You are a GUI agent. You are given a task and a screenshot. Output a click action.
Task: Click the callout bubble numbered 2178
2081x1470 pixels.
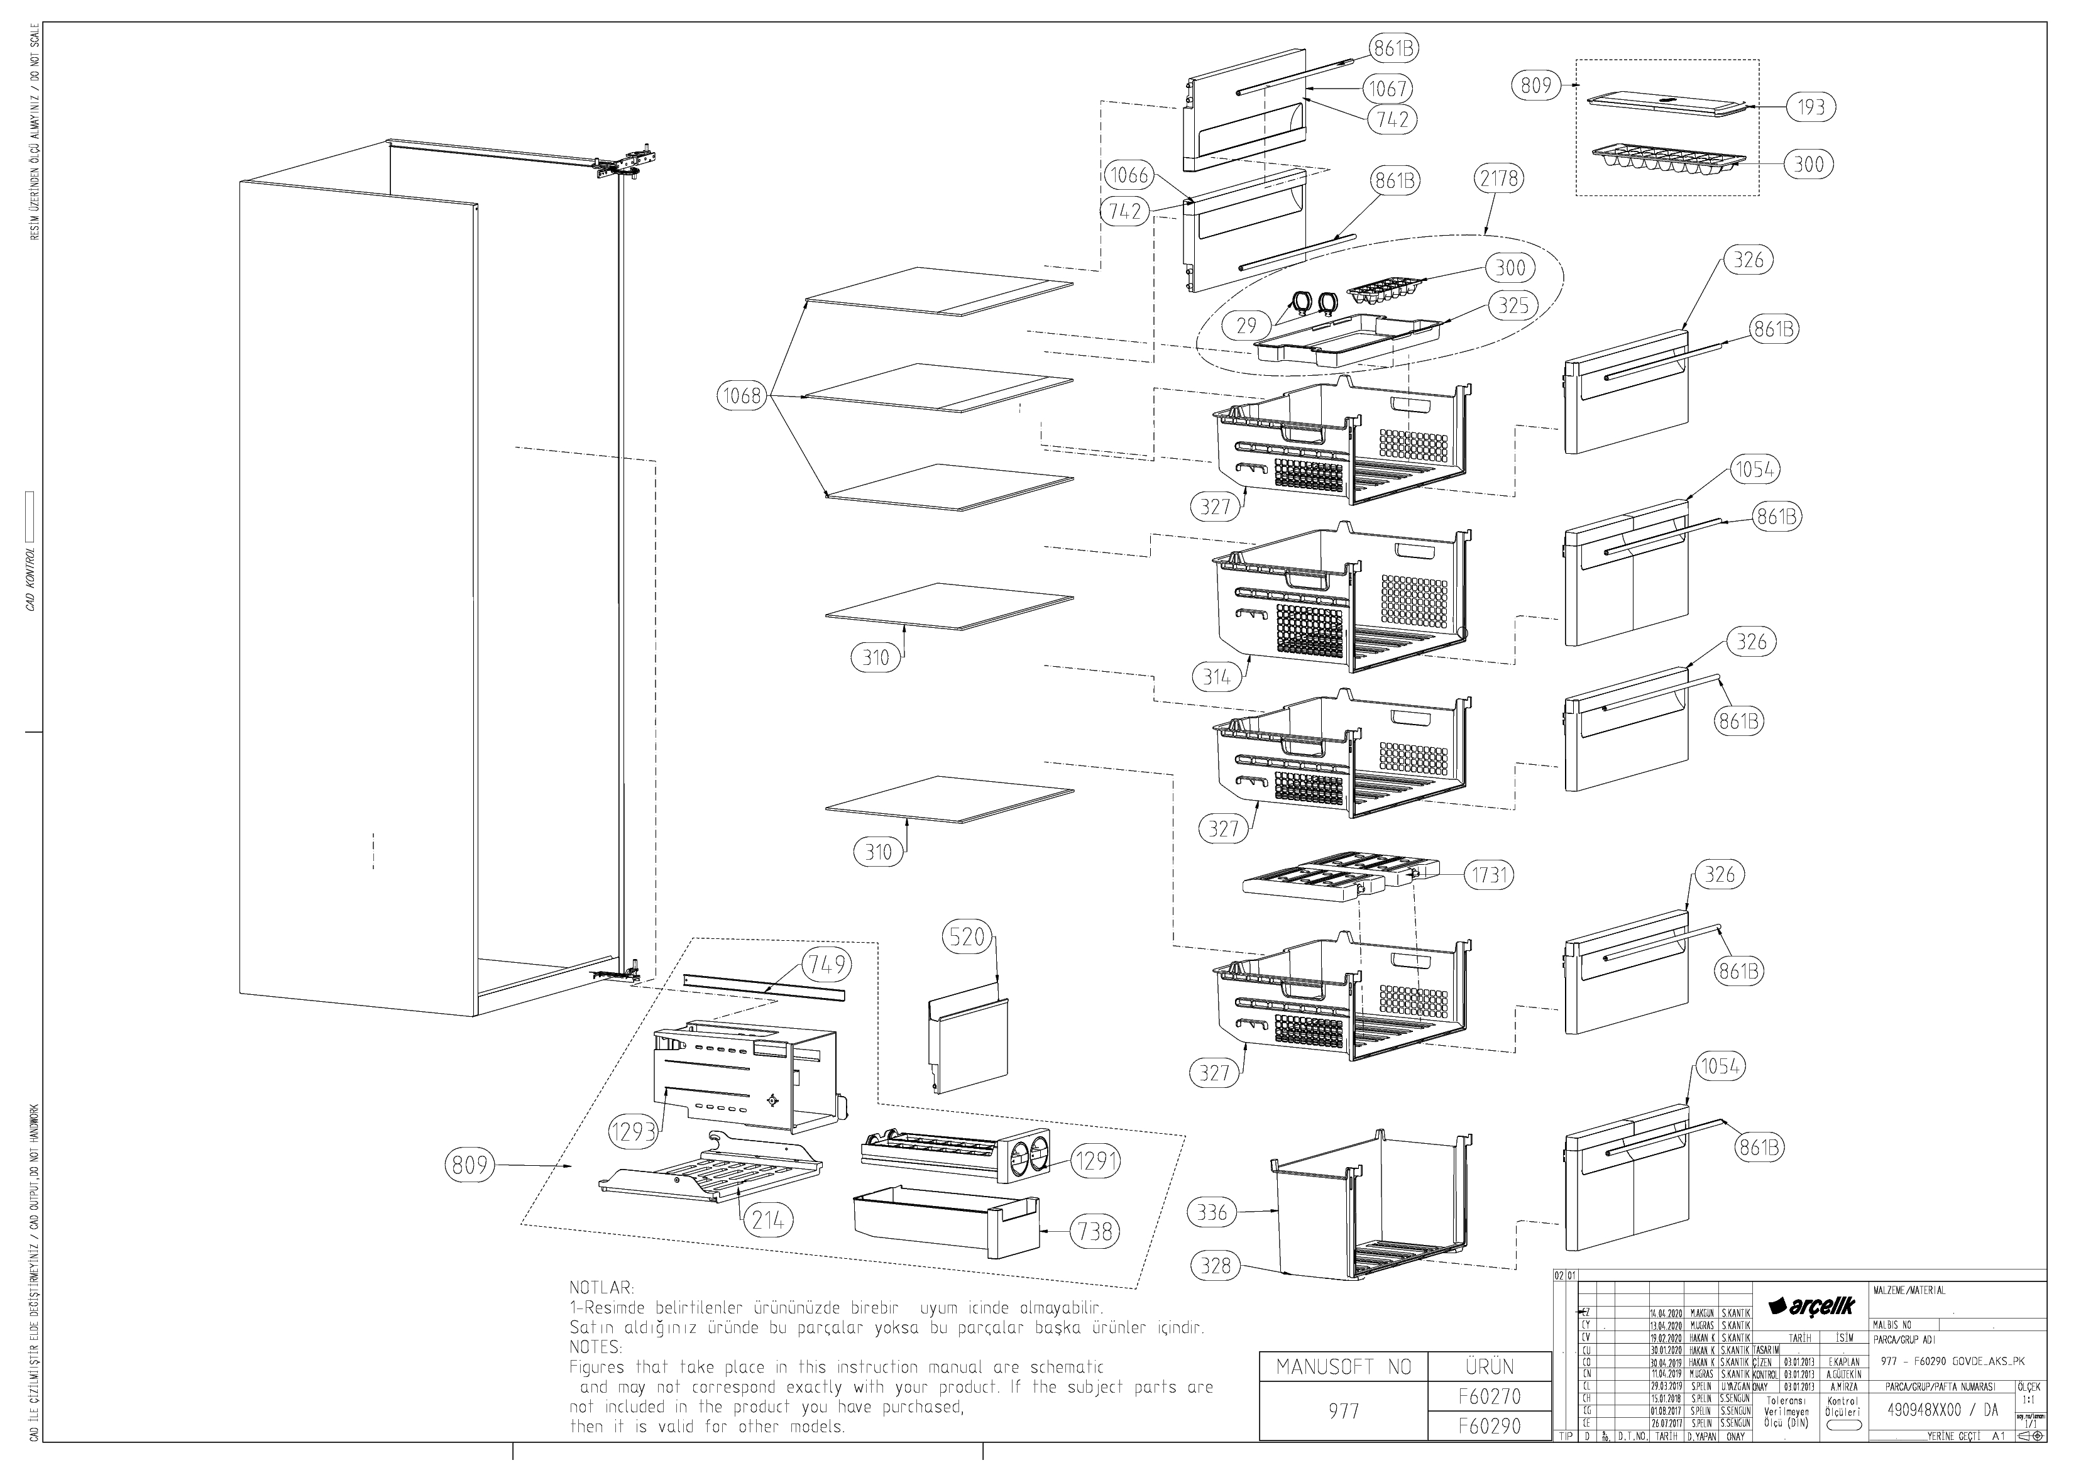(x=1499, y=178)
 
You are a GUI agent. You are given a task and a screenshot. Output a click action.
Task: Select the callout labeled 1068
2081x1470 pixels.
(x=740, y=396)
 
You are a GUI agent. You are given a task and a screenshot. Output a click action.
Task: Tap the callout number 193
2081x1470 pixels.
(x=1811, y=107)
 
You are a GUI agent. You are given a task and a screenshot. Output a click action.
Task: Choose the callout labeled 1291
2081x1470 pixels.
(x=1095, y=1160)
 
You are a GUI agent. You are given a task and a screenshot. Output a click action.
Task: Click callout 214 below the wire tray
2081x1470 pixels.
(x=767, y=1220)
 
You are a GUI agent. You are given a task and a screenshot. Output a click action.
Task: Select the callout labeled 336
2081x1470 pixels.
(x=1212, y=1212)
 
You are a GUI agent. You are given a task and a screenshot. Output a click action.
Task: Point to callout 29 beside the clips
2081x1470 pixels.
(x=1246, y=326)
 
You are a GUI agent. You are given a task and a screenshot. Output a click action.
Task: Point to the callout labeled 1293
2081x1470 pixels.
(x=631, y=1132)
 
